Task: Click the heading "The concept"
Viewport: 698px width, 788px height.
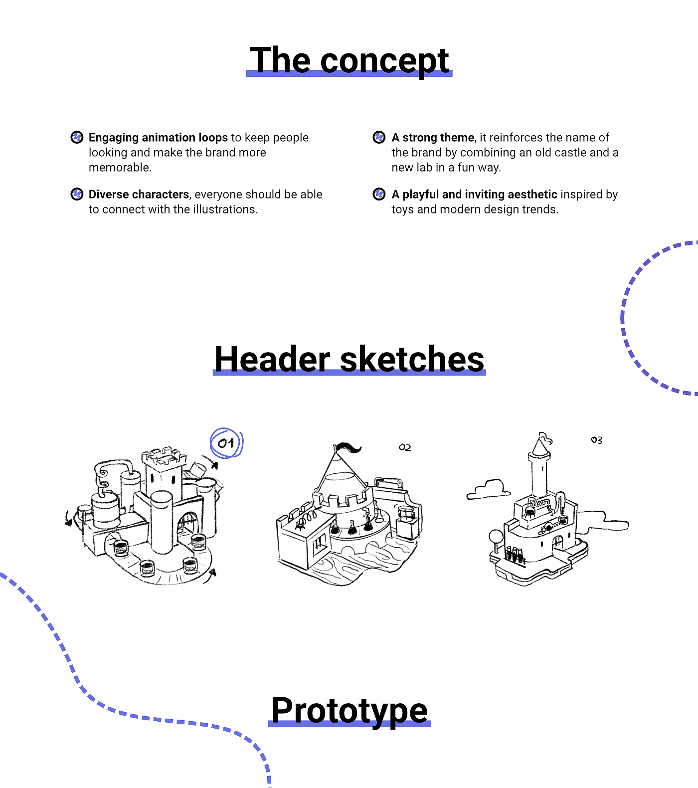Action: click(349, 60)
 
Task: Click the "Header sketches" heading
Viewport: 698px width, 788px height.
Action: click(349, 359)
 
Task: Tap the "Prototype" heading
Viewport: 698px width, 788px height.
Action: click(349, 710)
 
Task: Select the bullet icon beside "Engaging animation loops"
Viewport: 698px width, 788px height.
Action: click(77, 137)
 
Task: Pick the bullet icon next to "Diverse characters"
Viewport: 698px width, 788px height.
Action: click(77, 194)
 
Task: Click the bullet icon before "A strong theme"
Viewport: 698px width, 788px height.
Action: click(379, 137)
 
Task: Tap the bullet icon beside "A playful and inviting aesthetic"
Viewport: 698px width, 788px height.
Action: click(379, 194)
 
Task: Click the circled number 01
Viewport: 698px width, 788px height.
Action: click(226, 443)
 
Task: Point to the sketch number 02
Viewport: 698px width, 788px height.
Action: click(405, 447)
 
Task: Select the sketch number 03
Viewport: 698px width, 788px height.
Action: click(596, 440)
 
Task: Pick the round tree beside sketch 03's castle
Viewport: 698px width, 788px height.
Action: click(496, 537)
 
